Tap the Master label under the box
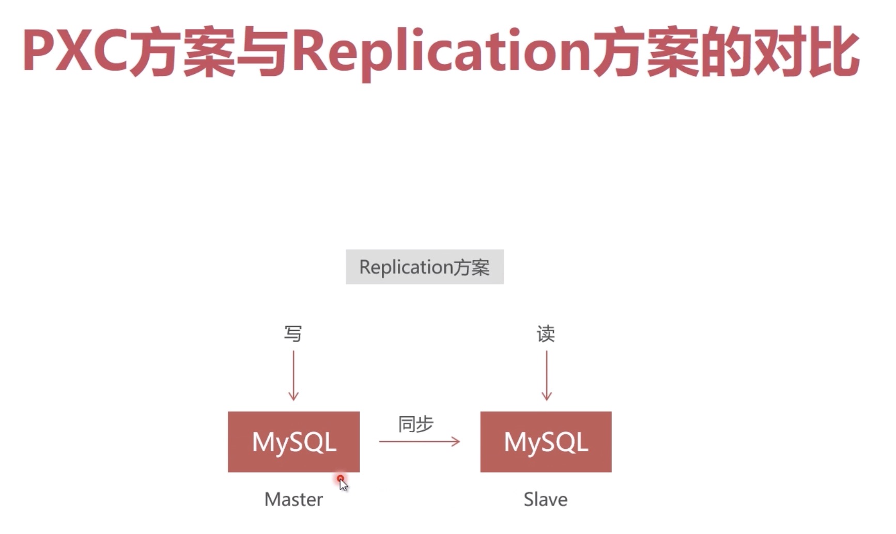pyautogui.click(x=293, y=499)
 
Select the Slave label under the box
pyautogui.click(x=546, y=499)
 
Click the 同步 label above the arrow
pyautogui.click(x=416, y=424)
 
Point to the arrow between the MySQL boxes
pyautogui.click(x=419, y=442)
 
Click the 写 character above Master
pyautogui.click(x=293, y=334)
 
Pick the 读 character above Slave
pyautogui.click(x=546, y=334)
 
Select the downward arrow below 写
pyautogui.click(x=293, y=375)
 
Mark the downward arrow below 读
pyautogui.click(x=546, y=375)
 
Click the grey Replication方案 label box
pyautogui.click(x=424, y=267)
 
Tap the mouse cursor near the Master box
pyautogui.click(x=342, y=483)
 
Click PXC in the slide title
pyautogui.click(x=75, y=51)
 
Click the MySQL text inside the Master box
pyautogui.click(x=294, y=442)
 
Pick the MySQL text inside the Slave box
pyautogui.click(x=546, y=442)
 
